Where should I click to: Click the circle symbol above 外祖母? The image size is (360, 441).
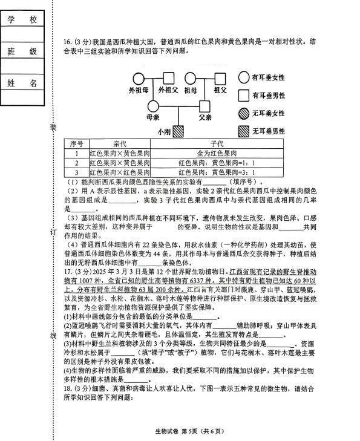(138, 78)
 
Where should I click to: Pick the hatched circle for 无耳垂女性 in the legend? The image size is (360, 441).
(244, 113)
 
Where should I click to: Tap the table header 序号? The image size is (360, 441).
(76, 144)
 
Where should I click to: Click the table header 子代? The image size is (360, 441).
(217, 144)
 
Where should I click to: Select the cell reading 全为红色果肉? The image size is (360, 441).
(217, 154)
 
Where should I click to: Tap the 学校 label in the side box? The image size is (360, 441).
(22, 21)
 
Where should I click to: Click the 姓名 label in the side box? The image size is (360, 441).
(22, 82)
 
